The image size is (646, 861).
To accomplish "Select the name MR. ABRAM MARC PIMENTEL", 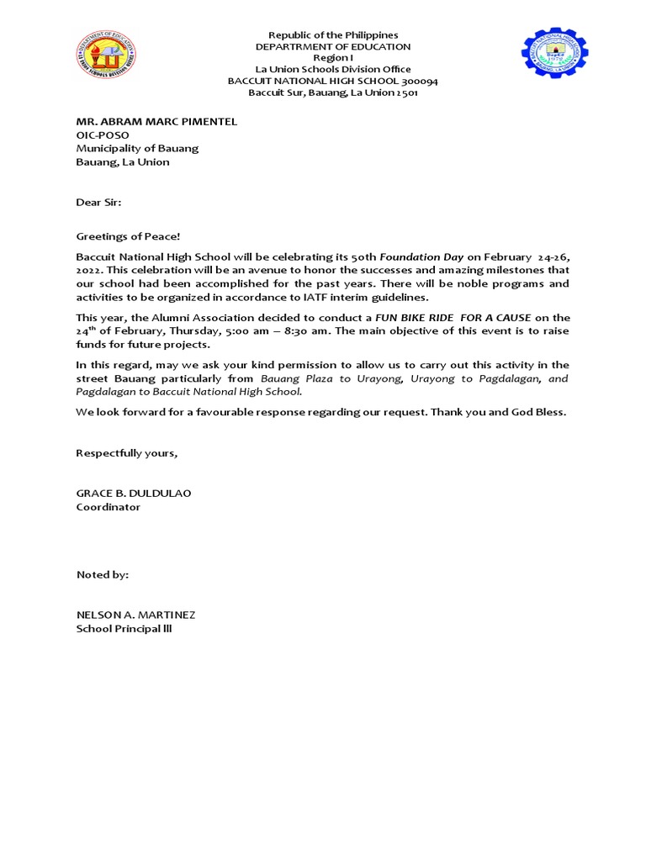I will tap(156, 121).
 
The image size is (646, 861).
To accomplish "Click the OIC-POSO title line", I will tap(100, 135).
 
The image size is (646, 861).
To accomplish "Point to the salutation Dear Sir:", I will tap(98, 202).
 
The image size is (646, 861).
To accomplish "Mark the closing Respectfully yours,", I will tap(127, 452).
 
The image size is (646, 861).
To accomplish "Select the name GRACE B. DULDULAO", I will tap(134, 494).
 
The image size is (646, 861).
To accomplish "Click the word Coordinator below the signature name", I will tap(109, 507).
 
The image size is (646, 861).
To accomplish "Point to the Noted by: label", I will tap(103, 574).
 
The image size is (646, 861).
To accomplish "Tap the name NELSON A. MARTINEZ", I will tap(135, 615).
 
